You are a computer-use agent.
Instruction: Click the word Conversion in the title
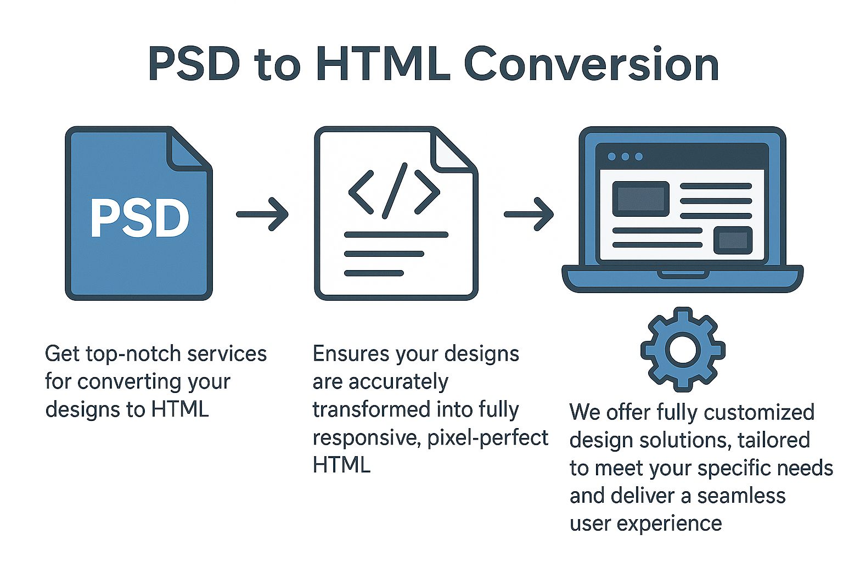(592, 65)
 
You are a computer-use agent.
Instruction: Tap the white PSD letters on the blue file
(139, 218)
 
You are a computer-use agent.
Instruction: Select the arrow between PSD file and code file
(262, 214)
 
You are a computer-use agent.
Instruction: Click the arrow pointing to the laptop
(529, 214)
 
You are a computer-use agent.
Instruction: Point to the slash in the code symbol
(395, 190)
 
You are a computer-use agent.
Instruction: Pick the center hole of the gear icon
(682, 349)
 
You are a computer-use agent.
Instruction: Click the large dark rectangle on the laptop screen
(640, 199)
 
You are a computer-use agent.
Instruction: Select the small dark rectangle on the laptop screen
(733, 240)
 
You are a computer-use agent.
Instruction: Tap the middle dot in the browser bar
(625, 156)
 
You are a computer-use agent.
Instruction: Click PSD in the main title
(194, 65)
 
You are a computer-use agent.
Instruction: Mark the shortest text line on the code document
(374, 273)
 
